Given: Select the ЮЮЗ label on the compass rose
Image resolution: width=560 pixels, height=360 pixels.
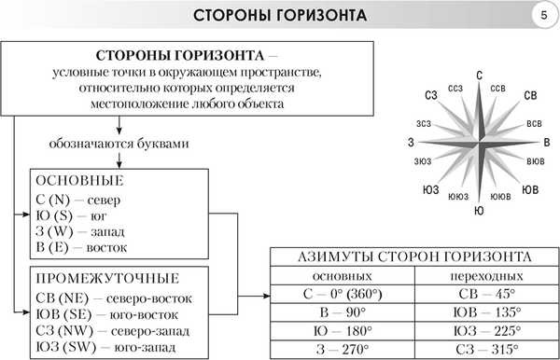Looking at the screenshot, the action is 458,196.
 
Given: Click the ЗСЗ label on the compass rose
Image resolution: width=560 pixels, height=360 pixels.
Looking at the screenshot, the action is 425,123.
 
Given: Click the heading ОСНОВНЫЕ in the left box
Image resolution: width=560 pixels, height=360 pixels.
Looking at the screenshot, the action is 79,180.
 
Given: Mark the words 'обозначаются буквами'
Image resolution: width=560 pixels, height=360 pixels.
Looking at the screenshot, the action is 122,146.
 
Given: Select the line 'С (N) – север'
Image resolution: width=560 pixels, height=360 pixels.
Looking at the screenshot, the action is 78,198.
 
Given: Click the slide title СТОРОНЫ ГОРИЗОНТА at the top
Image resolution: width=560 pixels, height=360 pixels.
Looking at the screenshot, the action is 280,16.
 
